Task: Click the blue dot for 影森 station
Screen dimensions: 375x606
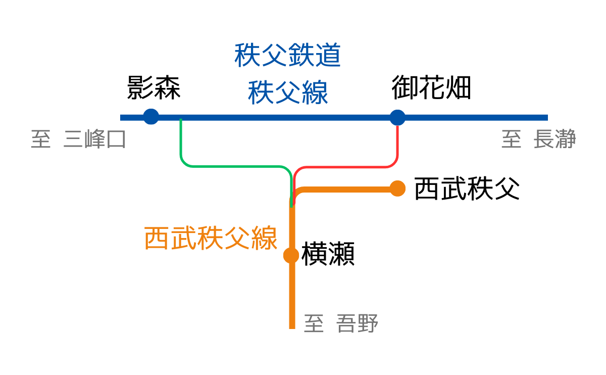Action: pos(150,117)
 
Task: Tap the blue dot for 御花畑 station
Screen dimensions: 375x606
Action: pos(397,117)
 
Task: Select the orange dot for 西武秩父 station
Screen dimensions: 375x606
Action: pos(397,189)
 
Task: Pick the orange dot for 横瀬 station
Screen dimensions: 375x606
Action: pos(291,255)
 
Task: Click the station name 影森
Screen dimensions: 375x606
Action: pos(154,88)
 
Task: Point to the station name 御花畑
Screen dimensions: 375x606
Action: pos(431,88)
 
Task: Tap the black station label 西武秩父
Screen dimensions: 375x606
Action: pos(467,190)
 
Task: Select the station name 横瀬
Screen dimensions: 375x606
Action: pos(328,254)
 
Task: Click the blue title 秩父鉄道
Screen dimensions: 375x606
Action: pos(287,55)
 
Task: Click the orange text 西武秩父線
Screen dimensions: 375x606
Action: pos(211,238)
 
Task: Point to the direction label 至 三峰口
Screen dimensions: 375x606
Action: pos(78,139)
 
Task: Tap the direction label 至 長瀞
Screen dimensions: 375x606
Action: pos(538,139)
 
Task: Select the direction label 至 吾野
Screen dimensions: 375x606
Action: pos(341,323)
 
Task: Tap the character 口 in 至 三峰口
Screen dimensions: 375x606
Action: pos(116,139)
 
